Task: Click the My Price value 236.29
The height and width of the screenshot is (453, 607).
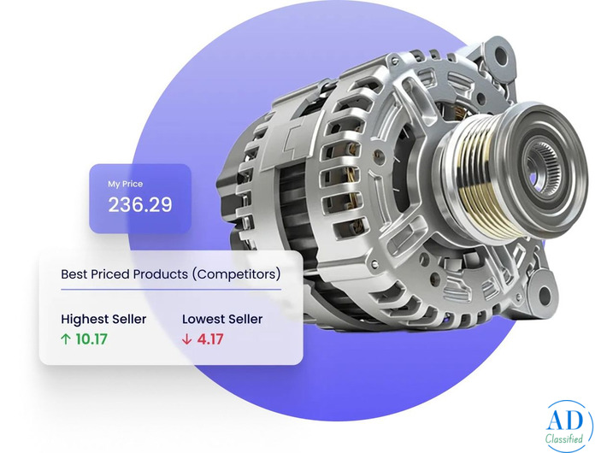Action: pos(139,205)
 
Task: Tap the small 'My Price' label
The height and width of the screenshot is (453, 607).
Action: pos(125,184)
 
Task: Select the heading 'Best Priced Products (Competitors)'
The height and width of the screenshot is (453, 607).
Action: pos(171,275)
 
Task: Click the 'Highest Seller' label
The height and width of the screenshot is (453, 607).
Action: pos(103,320)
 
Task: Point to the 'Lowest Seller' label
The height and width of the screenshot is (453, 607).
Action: pos(222,320)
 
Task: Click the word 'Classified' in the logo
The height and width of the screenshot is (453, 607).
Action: pos(565,438)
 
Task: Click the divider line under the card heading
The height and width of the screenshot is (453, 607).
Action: pos(171,291)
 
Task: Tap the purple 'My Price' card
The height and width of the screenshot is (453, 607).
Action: pos(139,197)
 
